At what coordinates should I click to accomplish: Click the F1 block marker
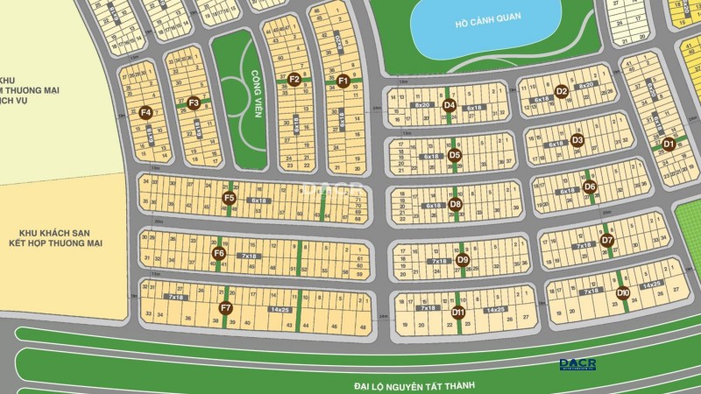point(343,81)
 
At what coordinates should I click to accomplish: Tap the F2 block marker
point(294,80)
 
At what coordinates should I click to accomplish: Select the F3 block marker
point(194,102)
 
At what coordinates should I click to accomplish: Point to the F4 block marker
point(145,112)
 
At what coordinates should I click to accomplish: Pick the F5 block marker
point(229,198)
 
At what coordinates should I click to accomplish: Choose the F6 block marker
point(219,254)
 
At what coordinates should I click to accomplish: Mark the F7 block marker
point(225,307)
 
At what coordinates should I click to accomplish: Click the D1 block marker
point(669,144)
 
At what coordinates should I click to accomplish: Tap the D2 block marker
point(562,90)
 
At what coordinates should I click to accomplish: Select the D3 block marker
point(577,140)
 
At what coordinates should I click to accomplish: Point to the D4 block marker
point(450,105)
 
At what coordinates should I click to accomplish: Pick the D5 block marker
point(454,155)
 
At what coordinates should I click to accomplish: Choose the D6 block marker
point(590,186)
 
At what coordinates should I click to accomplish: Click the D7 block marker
point(607,241)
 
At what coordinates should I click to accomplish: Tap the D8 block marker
point(455,204)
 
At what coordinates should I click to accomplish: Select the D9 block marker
point(463,260)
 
